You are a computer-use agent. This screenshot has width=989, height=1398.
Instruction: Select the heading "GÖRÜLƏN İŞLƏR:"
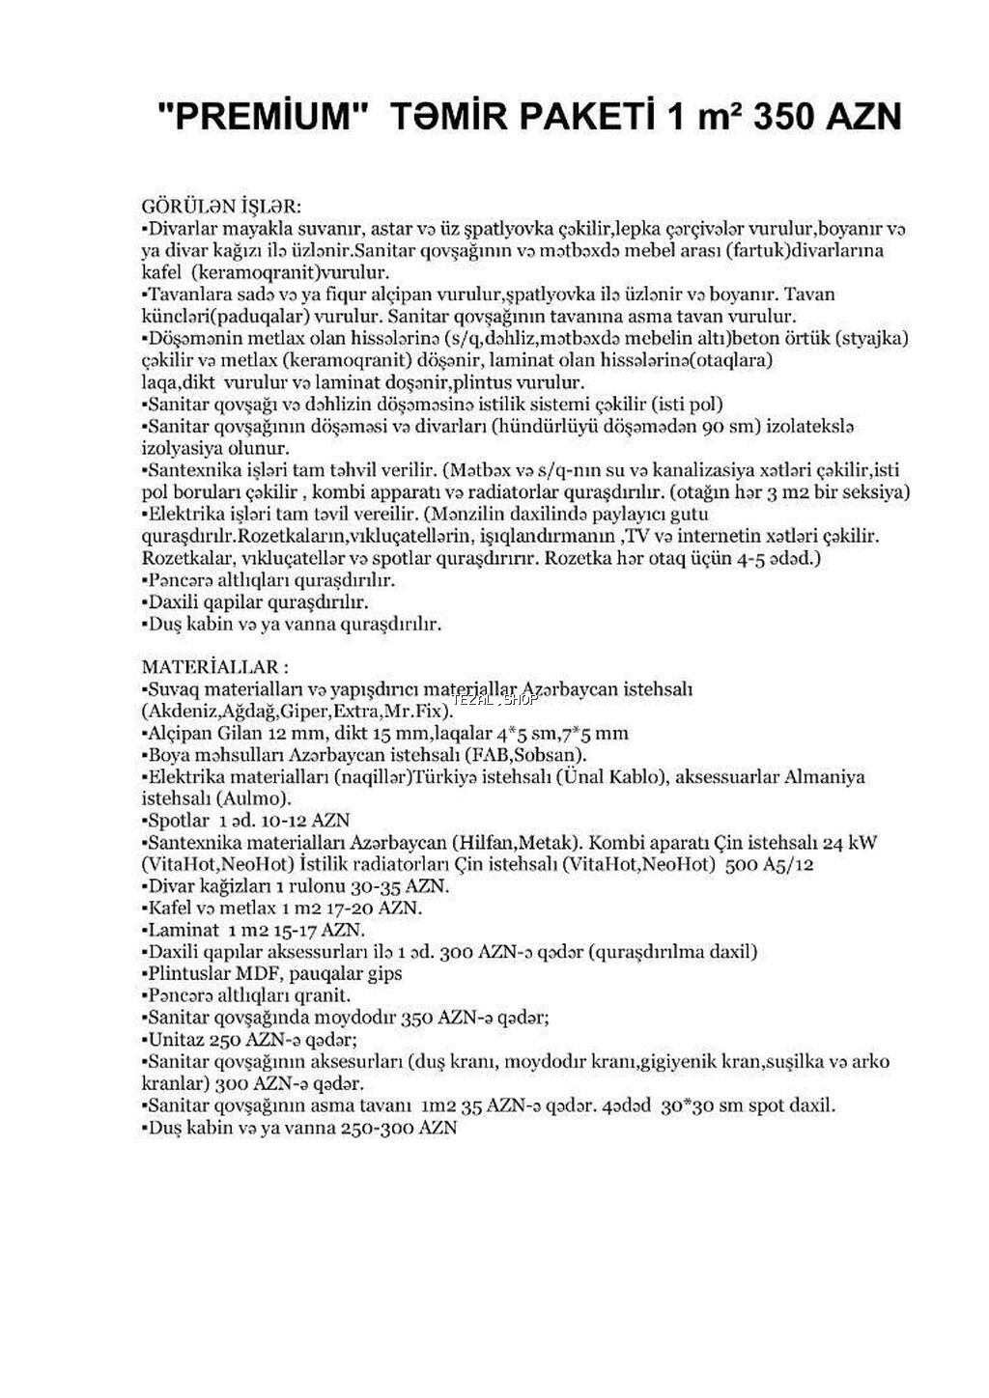(221, 208)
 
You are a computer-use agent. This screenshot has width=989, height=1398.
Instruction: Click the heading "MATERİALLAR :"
(214, 667)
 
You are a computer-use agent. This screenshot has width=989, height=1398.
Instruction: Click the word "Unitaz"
(174, 1039)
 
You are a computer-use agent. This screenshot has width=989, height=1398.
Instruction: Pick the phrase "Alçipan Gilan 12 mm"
(230, 733)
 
